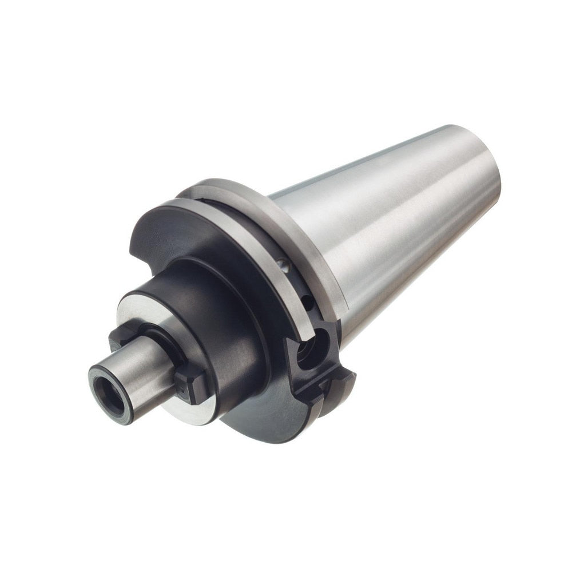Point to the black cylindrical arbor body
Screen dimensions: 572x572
tap(217, 320)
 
